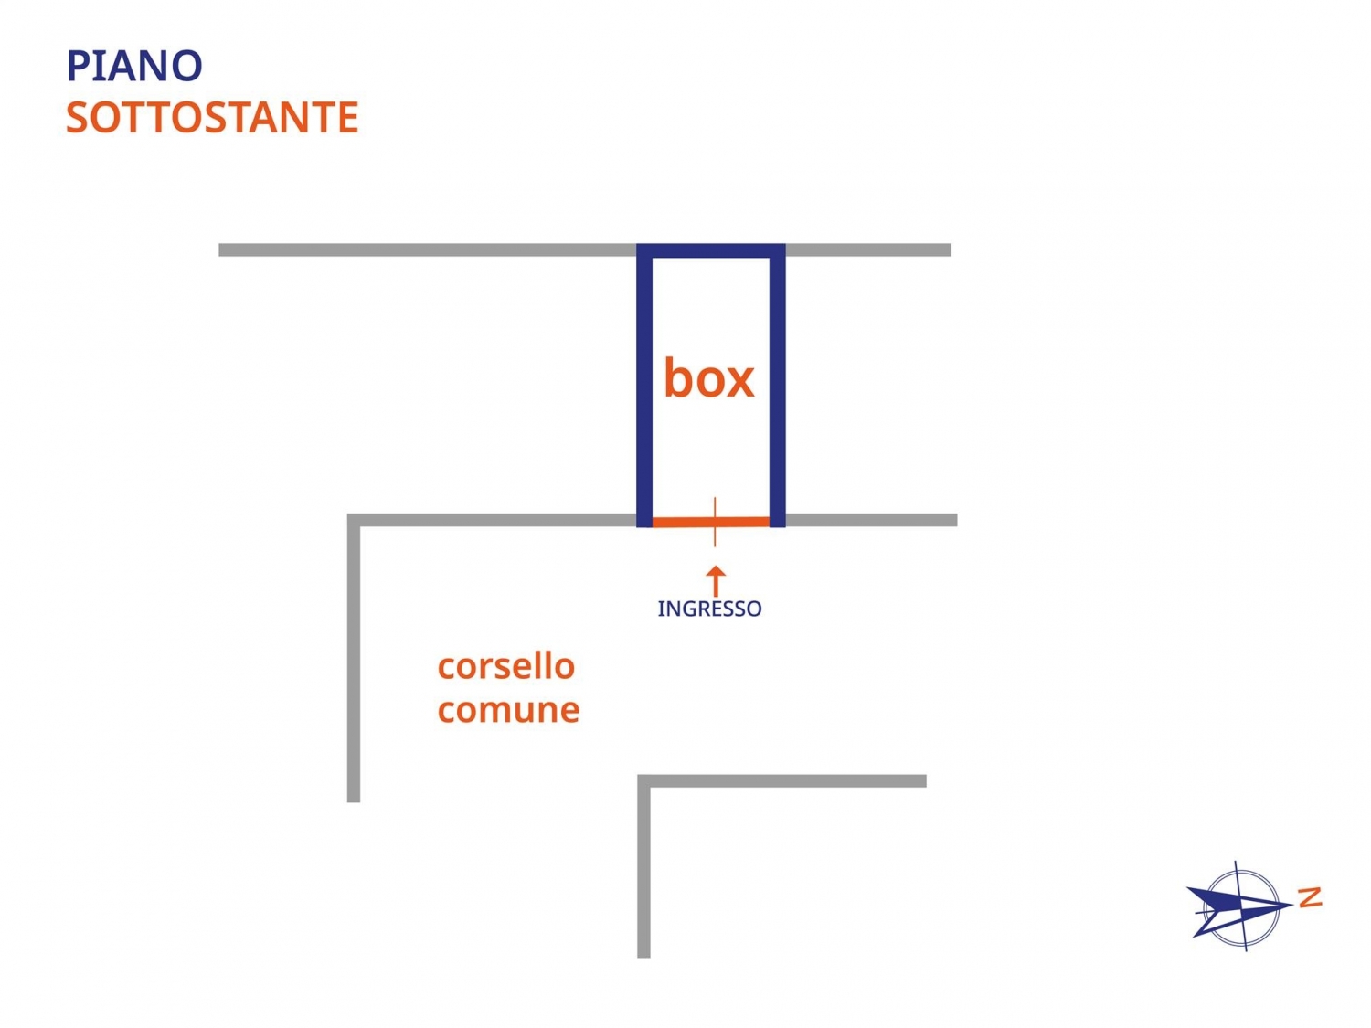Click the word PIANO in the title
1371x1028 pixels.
click(x=134, y=67)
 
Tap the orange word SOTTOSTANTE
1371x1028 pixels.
click(x=212, y=118)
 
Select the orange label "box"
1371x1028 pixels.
click(x=708, y=378)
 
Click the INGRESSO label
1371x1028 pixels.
click(x=709, y=609)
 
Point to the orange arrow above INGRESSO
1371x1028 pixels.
click(x=717, y=580)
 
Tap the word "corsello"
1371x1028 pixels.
click(x=505, y=666)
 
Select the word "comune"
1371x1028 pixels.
click(x=508, y=710)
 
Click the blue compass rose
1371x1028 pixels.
click(x=1238, y=906)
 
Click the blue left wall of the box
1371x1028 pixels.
click(x=644, y=384)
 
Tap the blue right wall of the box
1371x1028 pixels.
click(x=777, y=384)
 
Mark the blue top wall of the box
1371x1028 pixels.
click(x=711, y=250)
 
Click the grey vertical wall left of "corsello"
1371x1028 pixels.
click(x=354, y=658)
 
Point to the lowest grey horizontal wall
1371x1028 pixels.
click(x=786, y=781)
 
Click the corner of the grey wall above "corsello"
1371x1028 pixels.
click(x=354, y=521)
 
